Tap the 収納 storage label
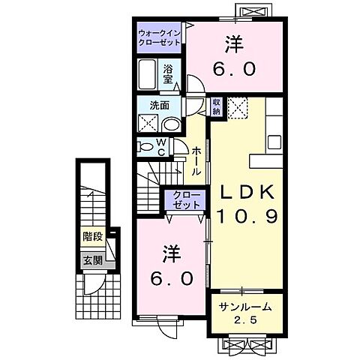(x=217, y=106)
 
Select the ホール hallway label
(x=196, y=160)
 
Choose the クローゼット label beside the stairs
(x=184, y=200)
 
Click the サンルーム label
(x=245, y=308)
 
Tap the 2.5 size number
(x=247, y=322)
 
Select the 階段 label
(x=93, y=238)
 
